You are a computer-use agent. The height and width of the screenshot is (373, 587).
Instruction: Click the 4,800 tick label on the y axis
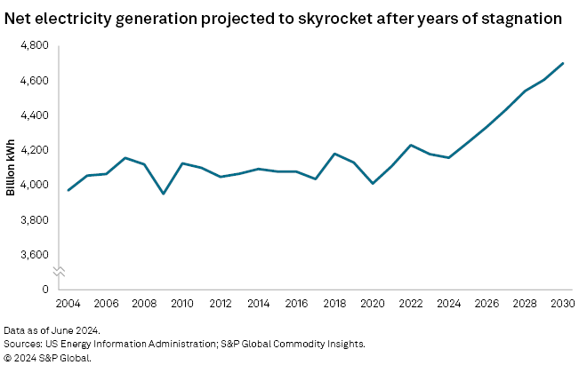(35, 46)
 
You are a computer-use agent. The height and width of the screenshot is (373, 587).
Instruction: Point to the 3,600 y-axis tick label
(35, 255)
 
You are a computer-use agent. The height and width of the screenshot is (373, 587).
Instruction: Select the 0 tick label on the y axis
(44, 290)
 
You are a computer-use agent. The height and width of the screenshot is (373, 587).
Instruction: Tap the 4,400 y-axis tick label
(35, 115)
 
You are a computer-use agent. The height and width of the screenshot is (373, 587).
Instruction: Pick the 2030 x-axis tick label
(562, 304)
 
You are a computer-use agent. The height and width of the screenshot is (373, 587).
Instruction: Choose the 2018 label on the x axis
(334, 304)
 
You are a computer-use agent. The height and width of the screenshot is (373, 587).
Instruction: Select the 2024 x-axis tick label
(449, 304)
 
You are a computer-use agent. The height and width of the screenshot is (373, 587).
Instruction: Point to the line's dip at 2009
(163, 194)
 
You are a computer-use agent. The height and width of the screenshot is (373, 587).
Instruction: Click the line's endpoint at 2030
(563, 63)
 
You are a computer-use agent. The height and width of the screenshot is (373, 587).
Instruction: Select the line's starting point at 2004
(68, 190)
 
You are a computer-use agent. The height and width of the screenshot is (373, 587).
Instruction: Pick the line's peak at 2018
(334, 154)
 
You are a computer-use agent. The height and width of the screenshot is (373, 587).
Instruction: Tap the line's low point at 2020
(373, 183)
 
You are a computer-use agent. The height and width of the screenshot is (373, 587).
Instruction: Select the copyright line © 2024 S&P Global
(46, 357)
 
